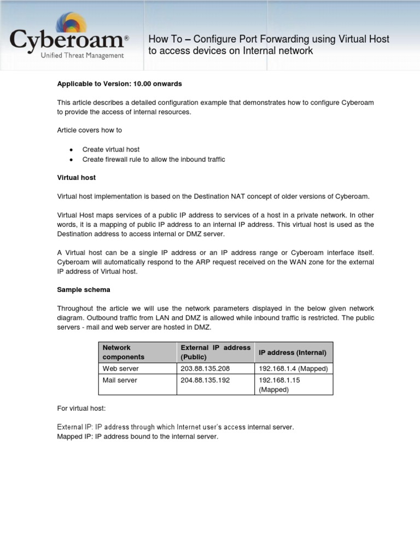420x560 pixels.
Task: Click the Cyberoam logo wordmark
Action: pyautogui.click(x=67, y=40)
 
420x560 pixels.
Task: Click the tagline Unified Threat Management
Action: pyautogui.click(x=84, y=55)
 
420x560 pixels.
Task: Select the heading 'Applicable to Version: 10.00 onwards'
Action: pyautogui.click(x=119, y=84)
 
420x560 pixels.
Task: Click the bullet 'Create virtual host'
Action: pyautogui.click(x=110, y=149)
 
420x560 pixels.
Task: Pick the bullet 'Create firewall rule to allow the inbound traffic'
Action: pyautogui.click(x=153, y=159)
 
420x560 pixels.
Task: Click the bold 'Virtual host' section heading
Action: pyautogui.click(x=77, y=178)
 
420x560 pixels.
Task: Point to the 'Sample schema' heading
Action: pyautogui.click(x=84, y=289)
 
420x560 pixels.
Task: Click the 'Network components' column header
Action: pyautogui.click(x=124, y=352)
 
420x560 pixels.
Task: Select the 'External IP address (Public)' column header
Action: pyautogui.click(x=215, y=352)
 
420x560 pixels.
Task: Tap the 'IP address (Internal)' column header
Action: pyautogui.click(x=292, y=353)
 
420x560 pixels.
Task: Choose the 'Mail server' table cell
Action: pyautogui.click(x=120, y=380)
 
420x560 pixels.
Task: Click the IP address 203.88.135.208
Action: pyautogui.click(x=201, y=369)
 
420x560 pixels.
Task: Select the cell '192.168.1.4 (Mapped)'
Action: pyautogui.click(x=293, y=369)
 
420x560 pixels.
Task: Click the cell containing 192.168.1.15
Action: pyautogui.click(x=279, y=380)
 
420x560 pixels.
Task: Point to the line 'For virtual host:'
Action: pyautogui.click(x=83, y=408)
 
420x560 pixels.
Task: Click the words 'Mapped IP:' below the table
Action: pyautogui.click(x=75, y=436)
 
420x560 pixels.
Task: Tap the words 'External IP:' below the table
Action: pyautogui.click(x=75, y=427)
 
